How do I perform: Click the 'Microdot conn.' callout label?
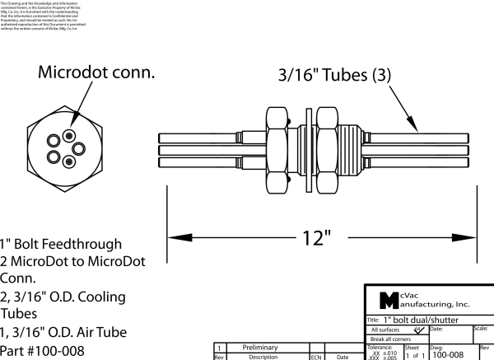(97, 72)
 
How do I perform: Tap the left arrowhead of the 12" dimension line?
(174, 238)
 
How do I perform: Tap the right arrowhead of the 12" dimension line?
(474, 238)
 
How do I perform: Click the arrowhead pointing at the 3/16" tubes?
(417, 126)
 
